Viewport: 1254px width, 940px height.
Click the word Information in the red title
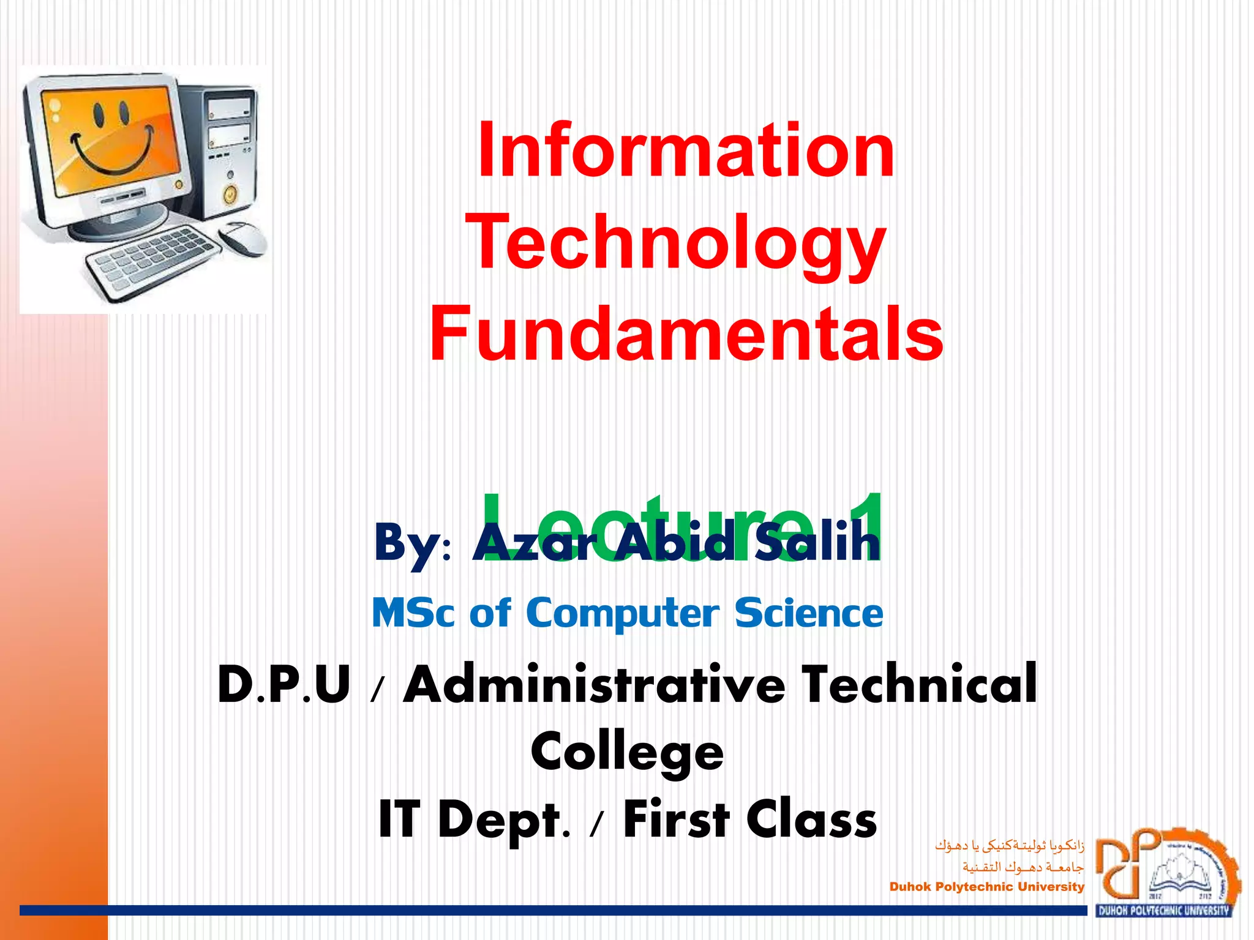coord(686,150)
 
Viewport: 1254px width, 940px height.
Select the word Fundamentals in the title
coord(686,334)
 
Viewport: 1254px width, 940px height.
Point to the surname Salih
coord(817,542)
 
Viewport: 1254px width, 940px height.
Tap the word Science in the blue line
coord(809,613)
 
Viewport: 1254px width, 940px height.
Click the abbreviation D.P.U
coord(284,684)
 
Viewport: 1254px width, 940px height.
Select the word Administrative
coord(594,684)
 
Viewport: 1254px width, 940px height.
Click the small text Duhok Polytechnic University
coord(986,887)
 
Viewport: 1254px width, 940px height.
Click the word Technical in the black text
coord(920,684)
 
